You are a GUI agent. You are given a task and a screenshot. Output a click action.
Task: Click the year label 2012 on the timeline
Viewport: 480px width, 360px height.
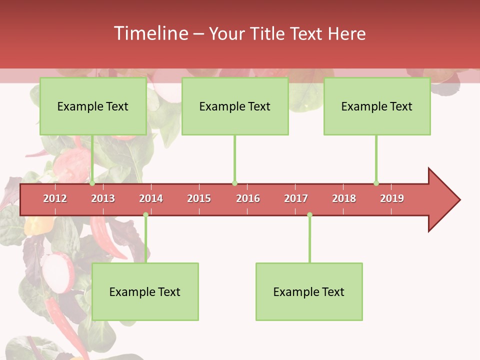[55, 198]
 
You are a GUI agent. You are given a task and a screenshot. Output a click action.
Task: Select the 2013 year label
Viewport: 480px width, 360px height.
[103, 198]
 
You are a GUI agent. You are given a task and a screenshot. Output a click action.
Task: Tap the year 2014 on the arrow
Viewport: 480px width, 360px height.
[151, 198]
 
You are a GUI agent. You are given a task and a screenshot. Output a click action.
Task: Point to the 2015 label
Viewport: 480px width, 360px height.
[199, 198]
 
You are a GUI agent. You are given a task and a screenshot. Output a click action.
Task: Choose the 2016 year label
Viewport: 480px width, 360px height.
[248, 198]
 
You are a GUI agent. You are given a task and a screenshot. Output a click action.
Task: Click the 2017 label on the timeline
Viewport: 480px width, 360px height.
[296, 198]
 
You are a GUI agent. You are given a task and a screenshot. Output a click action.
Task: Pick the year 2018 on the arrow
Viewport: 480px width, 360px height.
[344, 198]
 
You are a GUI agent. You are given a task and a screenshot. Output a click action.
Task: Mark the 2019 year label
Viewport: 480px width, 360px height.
[392, 198]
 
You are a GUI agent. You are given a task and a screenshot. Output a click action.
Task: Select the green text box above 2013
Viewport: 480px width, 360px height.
[93, 106]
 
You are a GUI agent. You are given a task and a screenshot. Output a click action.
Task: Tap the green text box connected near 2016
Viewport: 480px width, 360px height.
[235, 106]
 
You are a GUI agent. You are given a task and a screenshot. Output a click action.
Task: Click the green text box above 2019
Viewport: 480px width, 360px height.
[377, 106]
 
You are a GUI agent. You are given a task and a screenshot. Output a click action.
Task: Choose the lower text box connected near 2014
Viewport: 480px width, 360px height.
[145, 291]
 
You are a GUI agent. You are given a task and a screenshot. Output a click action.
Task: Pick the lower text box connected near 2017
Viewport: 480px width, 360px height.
[309, 291]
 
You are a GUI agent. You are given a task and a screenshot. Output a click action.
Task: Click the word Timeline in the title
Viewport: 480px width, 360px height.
[149, 33]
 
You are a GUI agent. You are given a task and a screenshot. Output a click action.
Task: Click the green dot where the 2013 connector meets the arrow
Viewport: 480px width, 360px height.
[92, 183]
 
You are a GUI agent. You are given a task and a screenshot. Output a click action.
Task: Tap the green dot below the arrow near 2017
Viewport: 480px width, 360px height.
[309, 215]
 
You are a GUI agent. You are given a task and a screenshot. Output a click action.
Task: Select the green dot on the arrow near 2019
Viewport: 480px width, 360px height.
[376, 183]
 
